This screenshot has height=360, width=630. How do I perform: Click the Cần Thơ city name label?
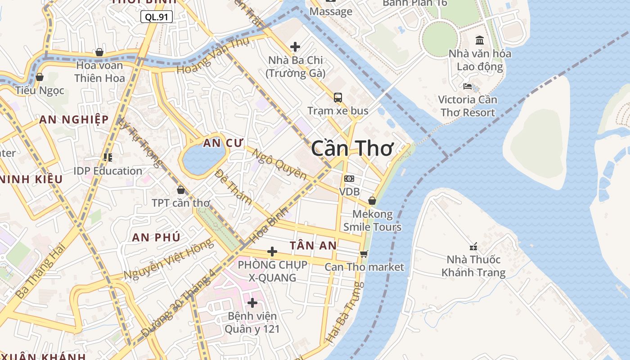click(352, 148)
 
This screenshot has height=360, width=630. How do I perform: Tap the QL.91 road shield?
click(157, 17)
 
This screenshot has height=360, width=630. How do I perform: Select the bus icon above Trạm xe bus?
click(337, 97)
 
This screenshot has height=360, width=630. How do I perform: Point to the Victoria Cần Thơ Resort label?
click(468, 106)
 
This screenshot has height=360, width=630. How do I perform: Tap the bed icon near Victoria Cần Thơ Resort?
click(468, 86)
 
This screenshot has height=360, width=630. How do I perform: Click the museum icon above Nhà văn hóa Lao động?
click(480, 40)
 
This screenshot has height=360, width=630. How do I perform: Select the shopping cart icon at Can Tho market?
click(364, 254)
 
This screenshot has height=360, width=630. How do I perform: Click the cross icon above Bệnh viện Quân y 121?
click(252, 302)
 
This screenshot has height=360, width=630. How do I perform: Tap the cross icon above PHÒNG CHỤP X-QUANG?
click(272, 251)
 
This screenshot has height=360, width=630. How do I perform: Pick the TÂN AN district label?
click(313, 245)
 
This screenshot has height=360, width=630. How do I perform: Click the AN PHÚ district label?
click(156, 237)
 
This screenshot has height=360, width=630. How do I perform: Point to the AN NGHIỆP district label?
click(74, 119)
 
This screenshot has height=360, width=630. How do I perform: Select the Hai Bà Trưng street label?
click(344, 312)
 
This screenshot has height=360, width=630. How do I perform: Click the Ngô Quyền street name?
click(279, 164)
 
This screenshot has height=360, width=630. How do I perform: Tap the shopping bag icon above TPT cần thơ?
click(180, 190)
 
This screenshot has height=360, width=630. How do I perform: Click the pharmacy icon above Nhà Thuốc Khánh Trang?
click(473, 246)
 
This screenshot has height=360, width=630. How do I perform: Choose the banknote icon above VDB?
click(349, 179)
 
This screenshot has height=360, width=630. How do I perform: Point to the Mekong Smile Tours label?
click(372, 220)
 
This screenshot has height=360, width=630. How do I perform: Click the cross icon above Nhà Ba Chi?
click(295, 46)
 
